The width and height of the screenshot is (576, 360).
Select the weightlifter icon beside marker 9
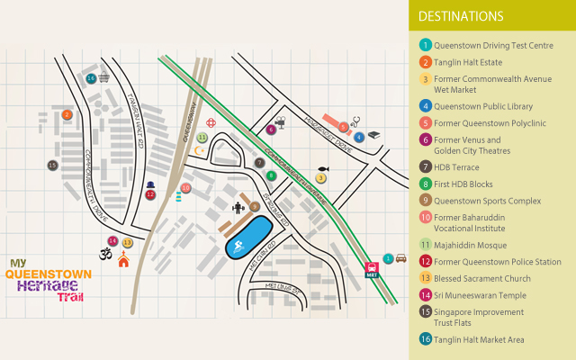[x=238, y=209]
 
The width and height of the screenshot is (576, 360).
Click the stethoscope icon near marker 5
[x=355, y=118]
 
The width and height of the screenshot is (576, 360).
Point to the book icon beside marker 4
[x=373, y=136]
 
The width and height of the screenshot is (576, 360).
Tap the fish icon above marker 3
[x=321, y=167]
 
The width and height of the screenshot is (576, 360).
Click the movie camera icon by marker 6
[x=281, y=121]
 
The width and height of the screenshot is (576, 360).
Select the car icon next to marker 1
[x=400, y=258]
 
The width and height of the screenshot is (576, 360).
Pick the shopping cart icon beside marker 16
[x=105, y=78]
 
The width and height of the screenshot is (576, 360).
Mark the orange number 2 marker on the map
[x=67, y=114]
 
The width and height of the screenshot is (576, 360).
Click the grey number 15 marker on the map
[x=52, y=166]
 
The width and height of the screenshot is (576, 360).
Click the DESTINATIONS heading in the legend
[x=460, y=16]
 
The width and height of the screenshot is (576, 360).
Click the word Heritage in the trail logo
[x=45, y=285]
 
